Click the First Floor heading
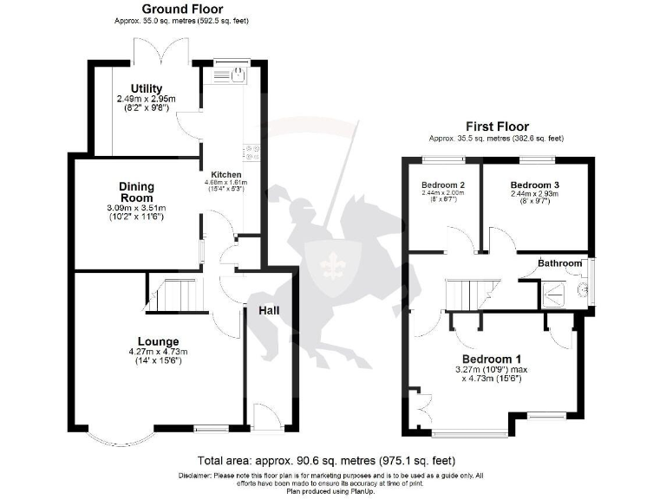click(x=496, y=126)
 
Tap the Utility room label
click(x=147, y=88)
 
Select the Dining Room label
click(x=137, y=191)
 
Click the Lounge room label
click(x=158, y=340)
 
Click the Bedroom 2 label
click(x=443, y=185)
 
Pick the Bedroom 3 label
click(x=534, y=185)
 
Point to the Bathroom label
click(x=559, y=262)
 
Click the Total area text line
click(x=326, y=460)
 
